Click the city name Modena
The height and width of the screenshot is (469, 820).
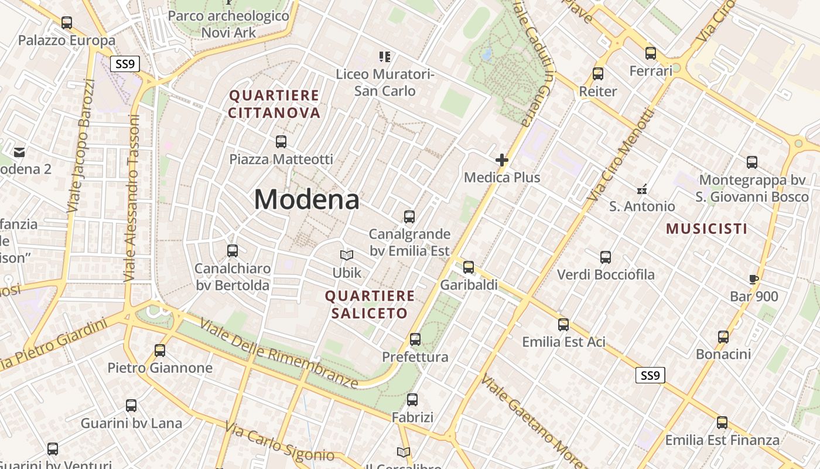pos(306,199)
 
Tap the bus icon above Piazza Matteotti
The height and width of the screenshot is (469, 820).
pos(281,142)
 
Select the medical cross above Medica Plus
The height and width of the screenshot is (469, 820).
pos(502,159)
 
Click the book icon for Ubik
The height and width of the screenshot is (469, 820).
pos(347,256)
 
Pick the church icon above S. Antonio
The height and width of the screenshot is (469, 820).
pos(642,189)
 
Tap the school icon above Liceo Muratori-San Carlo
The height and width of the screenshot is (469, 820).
pos(385,57)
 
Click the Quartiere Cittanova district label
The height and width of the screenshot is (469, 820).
pos(274,104)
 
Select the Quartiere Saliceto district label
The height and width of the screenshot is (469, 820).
pos(370,304)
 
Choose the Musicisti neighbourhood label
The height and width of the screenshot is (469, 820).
pos(707,229)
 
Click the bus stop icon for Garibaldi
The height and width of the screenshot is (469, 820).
pos(469,267)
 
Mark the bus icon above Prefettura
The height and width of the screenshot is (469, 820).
pos(415,339)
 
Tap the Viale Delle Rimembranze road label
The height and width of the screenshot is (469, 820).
pos(279,354)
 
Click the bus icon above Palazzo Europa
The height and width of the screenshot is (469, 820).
pos(67,23)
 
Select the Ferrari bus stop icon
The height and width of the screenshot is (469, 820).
pos(651,53)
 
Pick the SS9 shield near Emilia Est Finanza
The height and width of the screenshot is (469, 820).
pos(650,375)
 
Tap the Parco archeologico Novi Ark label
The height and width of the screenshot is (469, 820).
pos(229,23)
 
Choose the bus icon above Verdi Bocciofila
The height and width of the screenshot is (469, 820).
pos(606,257)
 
